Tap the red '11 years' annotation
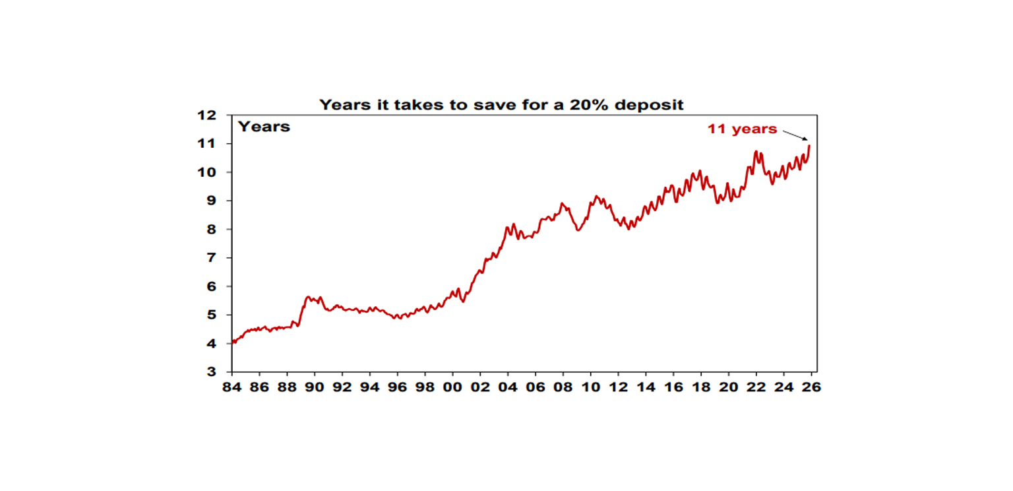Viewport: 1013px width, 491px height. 742,129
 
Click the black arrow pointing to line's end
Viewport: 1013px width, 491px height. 795,135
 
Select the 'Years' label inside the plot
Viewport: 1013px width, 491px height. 264,127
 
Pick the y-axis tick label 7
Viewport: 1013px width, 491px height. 212,258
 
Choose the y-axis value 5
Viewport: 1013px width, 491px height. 212,315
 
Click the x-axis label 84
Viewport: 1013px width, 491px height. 232,387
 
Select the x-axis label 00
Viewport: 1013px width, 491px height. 452,387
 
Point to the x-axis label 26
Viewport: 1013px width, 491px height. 811,387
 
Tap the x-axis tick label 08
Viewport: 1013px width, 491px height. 563,387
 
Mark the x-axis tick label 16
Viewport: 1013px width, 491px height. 673,387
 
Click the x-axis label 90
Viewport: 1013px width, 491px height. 315,387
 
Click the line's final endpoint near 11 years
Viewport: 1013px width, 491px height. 809,146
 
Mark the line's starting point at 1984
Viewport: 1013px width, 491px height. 233,343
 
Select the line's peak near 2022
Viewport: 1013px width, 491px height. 756,152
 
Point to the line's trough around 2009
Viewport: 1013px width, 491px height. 578,230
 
